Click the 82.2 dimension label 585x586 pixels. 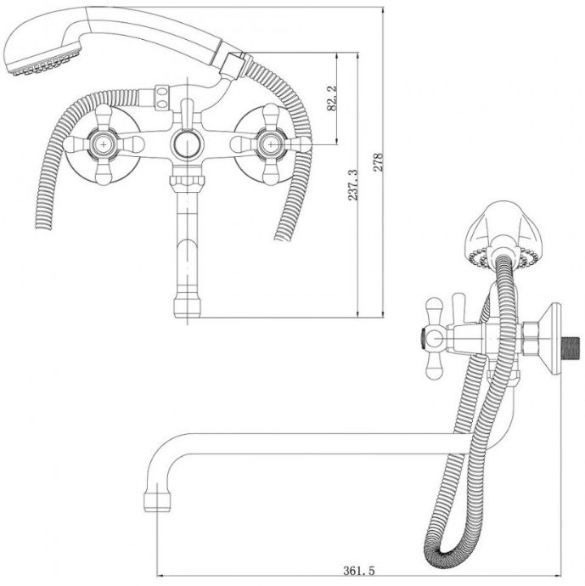coord(332,98)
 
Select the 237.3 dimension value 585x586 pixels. coord(353,185)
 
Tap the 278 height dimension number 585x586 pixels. coord(379,162)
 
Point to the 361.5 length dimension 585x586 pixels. coord(358,571)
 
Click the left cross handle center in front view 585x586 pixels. coord(103,144)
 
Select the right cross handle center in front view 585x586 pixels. coord(271,144)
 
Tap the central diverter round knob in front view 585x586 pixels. coord(187,144)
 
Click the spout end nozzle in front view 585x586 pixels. coord(187,306)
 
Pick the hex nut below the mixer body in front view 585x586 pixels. coord(187,181)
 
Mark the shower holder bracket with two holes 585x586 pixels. coord(162,98)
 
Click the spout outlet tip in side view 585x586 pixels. coord(157,502)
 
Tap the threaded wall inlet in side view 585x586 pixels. coord(571,348)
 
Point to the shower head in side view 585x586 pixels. coord(503,234)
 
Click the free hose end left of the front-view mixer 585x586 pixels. coord(43,222)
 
